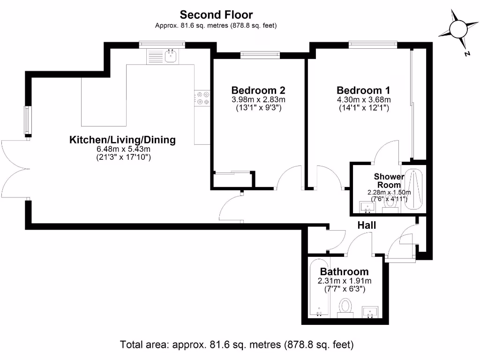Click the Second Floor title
216,15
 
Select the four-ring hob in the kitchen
203,97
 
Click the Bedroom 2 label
258,90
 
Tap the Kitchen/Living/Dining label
122,140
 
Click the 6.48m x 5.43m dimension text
122,149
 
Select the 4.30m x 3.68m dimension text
364,99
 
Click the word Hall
367,225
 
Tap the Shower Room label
389,180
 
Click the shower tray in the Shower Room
413,189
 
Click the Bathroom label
344,271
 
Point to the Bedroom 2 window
260,55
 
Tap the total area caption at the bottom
237,345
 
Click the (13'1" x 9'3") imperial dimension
258,108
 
